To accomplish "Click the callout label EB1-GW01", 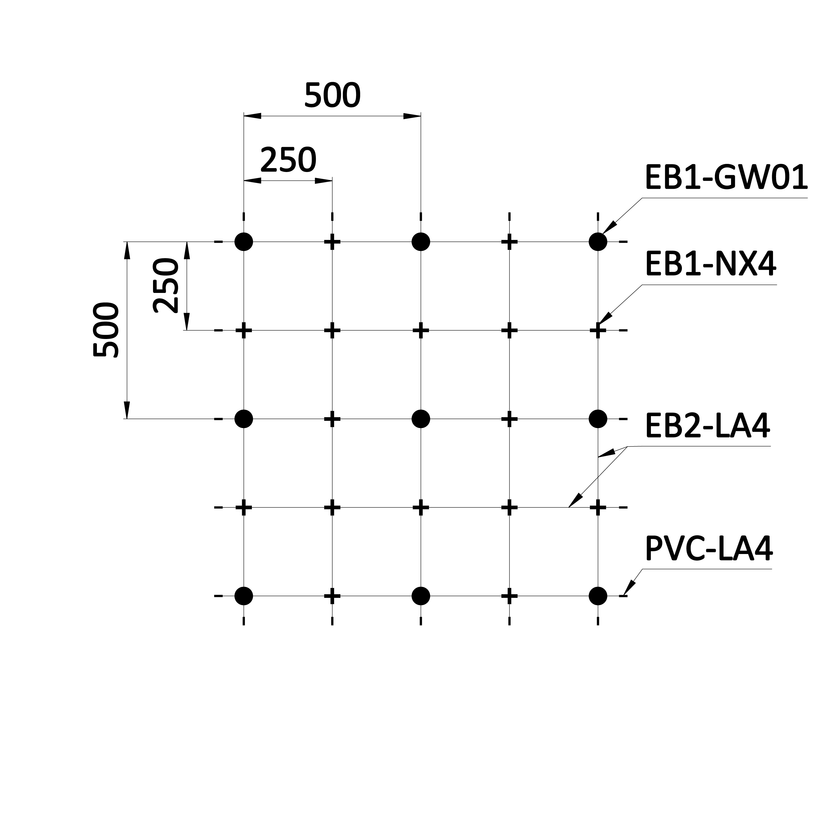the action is tap(727, 177).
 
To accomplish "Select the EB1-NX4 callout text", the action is tap(711, 264).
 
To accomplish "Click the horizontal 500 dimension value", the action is tap(332, 95).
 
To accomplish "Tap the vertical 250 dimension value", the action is tap(166, 286).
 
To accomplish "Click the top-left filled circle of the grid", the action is tap(244, 242).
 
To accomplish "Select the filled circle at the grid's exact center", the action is tap(421, 419).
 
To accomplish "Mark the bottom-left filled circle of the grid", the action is tap(244, 596).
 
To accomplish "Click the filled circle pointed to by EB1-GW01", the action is tap(598, 242).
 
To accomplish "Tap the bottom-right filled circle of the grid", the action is tap(598, 596).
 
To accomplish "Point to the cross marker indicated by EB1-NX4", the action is tap(598, 330).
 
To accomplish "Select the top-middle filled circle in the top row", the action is tap(421, 242).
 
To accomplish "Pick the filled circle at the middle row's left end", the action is tap(244, 419).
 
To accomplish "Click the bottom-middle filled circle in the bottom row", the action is tap(421, 596).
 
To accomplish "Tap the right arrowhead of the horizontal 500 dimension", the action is tap(412, 116).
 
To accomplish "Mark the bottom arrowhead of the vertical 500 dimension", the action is tap(127, 410).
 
